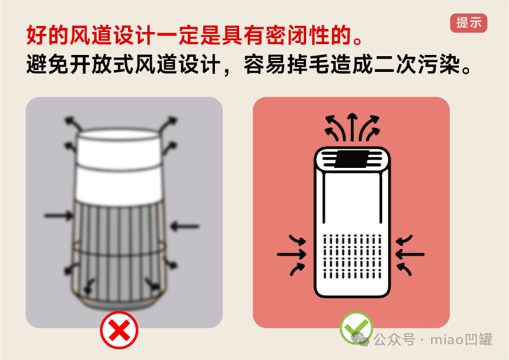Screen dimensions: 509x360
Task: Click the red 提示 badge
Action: tap(469, 23)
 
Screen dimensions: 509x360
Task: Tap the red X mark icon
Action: tap(119, 330)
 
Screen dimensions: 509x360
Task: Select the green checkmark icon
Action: tap(356, 328)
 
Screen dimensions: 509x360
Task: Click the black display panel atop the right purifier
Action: tap(351, 159)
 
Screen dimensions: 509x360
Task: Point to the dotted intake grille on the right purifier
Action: tap(352, 257)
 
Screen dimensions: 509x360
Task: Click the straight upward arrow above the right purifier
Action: tap(352, 127)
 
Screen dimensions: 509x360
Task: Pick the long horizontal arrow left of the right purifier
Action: tap(292, 254)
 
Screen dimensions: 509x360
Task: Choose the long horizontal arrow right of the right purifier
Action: tap(409, 254)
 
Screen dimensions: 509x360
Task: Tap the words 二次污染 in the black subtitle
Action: tap(417, 65)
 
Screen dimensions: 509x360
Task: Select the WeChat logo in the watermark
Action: tap(360, 339)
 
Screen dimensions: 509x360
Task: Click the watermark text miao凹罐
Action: tap(461, 339)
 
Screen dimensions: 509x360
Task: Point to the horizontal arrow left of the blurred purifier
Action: tap(59, 215)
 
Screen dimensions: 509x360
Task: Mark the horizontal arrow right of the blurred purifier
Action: tap(184, 226)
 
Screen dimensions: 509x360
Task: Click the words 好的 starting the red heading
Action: tap(48, 35)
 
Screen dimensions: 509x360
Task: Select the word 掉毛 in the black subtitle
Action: tap(309, 65)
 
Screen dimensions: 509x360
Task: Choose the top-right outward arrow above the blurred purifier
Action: tap(168, 124)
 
